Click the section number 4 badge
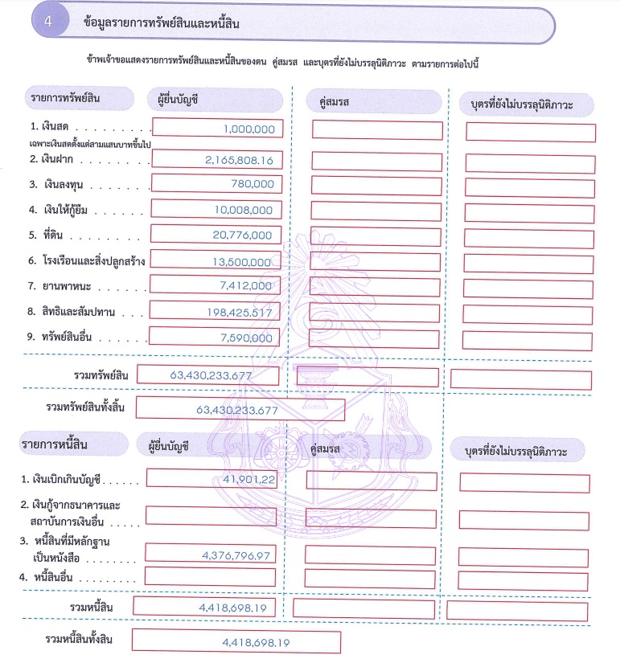(x=48, y=24)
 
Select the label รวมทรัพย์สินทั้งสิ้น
(x=84, y=407)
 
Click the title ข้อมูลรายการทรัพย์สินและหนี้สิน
(x=161, y=24)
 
